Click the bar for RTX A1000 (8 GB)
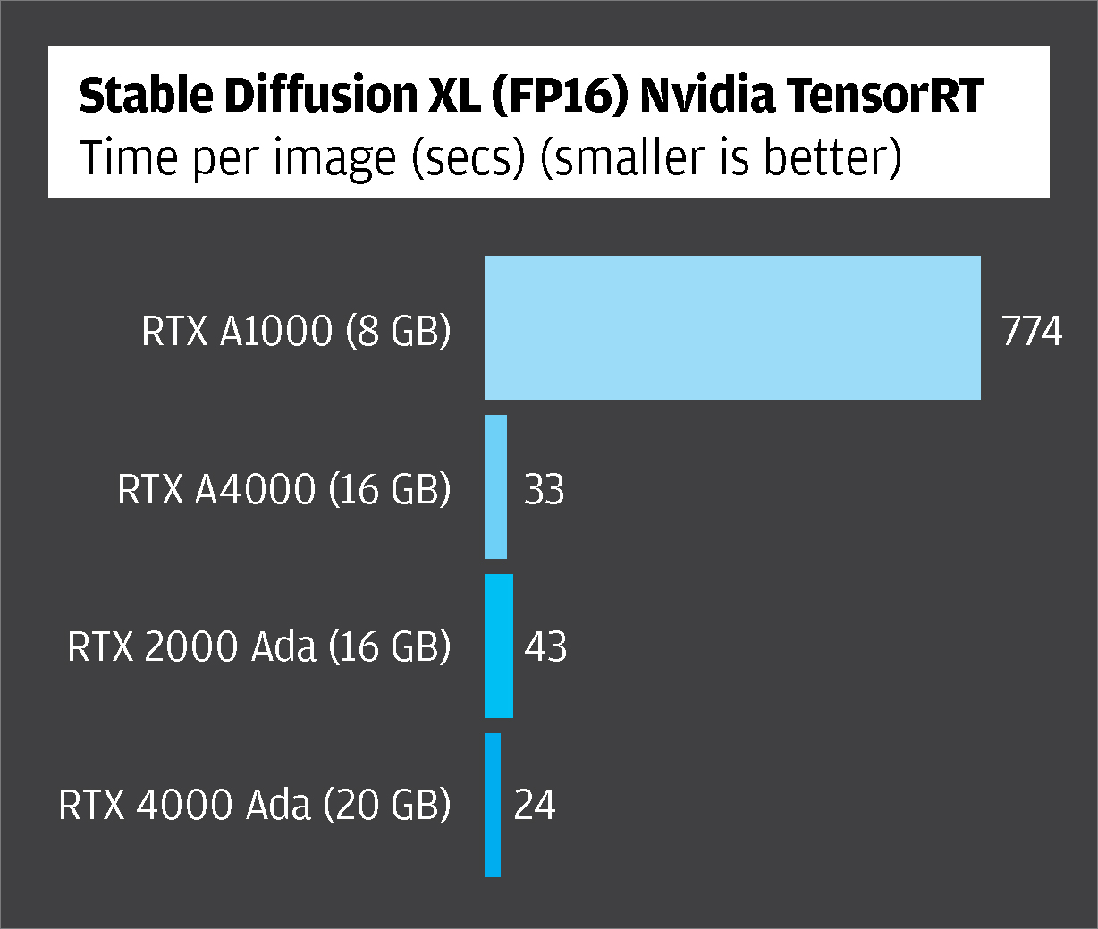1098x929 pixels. click(732, 327)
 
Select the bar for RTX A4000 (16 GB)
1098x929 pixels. click(495, 487)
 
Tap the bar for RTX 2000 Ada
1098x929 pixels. click(498, 646)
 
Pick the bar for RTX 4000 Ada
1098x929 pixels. click(493, 805)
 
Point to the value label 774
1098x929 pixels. click(1032, 332)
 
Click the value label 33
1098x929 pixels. click(544, 490)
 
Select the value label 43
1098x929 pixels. click(545, 647)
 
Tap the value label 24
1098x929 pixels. click(535, 806)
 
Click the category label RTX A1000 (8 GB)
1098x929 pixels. click(296, 332)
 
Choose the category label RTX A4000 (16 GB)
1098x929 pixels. click(284, 490)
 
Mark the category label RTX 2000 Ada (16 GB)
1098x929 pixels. click(259, 647)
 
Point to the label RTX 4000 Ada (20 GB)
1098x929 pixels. click(255, 806)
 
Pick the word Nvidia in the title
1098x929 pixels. click(708, 97)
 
